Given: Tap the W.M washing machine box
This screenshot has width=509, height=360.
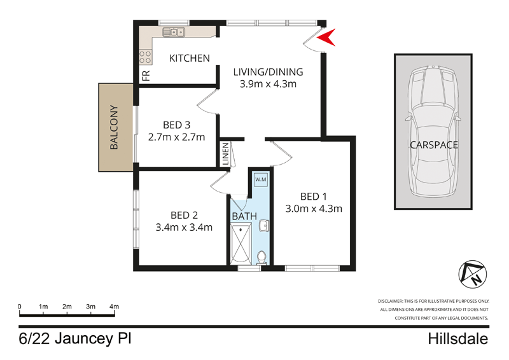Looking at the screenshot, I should pyautogui.click(x=261, y=180).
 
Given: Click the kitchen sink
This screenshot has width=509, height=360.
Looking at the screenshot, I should pyautogui.click(x=173, y=32).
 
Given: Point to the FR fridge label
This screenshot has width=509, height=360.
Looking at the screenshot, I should pyautogui.click(x=146, y=76).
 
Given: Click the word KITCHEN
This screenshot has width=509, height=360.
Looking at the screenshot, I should pyautogui.click(x=189, y=59).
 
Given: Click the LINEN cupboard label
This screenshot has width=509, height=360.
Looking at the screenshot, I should pyautogui.click(x=225, y=154).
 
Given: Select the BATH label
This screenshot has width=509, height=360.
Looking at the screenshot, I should pyautogui.click(x=244, y=216).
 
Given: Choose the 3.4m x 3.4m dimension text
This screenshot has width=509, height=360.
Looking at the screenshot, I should pyautogui.click(x=184, y=227).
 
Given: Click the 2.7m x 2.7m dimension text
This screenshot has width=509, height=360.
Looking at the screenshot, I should pyautogui.click(x=176, y=137).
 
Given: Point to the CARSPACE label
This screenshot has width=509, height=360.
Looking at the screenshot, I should pyautogui.click(x=434, y=145).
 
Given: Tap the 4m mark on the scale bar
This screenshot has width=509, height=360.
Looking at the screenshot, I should pyautogui.click(x=114, y=307).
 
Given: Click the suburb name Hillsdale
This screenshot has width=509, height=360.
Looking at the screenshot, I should pyautogui.click(x=457, y=338).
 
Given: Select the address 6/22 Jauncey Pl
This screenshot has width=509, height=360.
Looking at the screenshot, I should pyautogui.click(x=74, y=338).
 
